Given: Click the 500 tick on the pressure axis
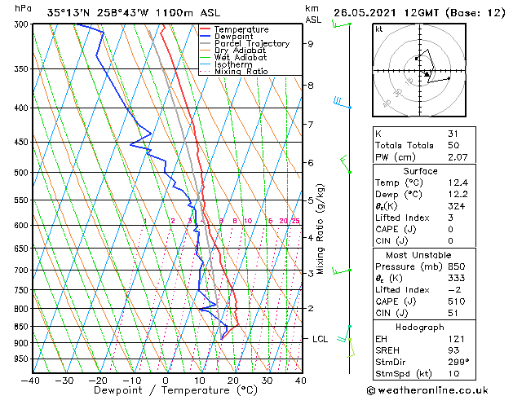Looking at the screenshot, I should pyautogui.click(x=21, y=173).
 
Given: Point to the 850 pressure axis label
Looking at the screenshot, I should pyautogui.click(x=21, y=326).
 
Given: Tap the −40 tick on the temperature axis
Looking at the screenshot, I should pyautogui.click(x=31, y=380).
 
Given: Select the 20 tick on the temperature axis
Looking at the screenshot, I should pyautogui.click(x=233, y=380).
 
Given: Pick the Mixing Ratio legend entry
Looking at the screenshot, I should pyautogui.click(x=241, y=72).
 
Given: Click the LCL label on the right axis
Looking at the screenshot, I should pyautogui.click(x=321, y=339).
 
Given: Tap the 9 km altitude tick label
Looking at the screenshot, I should pyautogui.click(x=311, y=44).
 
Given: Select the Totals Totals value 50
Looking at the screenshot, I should pyautogui.click(x=453, y=144).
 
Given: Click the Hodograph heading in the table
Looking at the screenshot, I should pyautogui.click(x=420, y=326).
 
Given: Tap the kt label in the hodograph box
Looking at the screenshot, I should pyautogui.click(x=378, y=29).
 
